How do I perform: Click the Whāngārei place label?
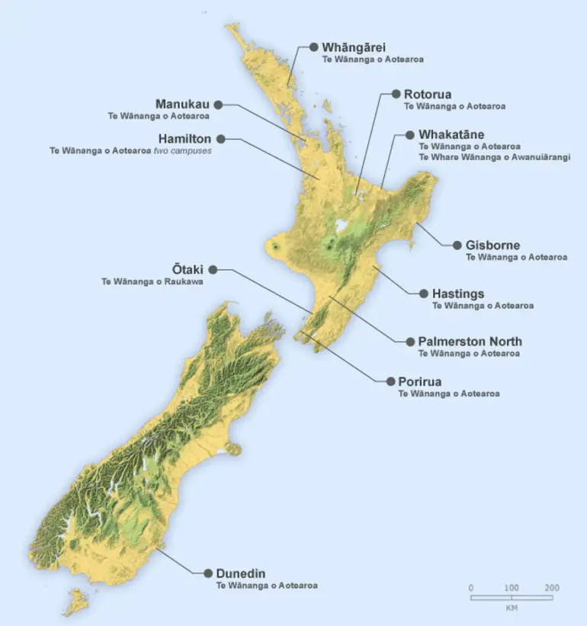[x=354, y=47]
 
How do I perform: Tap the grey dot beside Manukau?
[x=218, y=104]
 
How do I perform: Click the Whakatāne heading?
[x=451, y=134]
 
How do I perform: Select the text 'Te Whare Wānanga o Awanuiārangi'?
[x=494, y=156]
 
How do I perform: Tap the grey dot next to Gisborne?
[x=458, y=246]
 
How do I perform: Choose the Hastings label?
[x=457, y=294]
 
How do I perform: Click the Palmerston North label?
[x=470, y=342]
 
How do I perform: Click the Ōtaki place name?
[x=188, y=269]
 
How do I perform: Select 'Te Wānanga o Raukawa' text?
[x=152, y=281]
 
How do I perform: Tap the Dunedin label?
[x=240, y=573]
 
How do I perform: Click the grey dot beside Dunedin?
[x=207, y=573]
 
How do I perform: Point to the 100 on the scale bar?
[x=512, y=588]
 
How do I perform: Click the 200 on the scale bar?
[x=552, y=588]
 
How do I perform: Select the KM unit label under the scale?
[x=512, y=608]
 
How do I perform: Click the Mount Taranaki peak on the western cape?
[x=274, y=246]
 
